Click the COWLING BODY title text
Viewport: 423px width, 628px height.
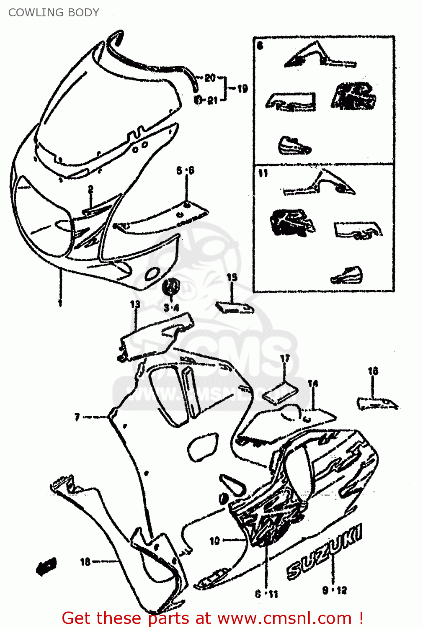[54, 13]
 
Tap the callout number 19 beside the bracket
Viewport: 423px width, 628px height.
[242, 88]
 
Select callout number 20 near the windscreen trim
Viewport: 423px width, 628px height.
[210, 77]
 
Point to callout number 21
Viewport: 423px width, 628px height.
[212, 100]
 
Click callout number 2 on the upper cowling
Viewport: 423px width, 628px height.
[90, 190]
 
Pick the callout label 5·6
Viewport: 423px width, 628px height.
[185, 170]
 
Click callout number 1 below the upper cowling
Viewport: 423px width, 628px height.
[60, 302]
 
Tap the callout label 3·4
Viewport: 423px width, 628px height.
[171, 308]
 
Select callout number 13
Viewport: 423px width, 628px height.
[135, 304]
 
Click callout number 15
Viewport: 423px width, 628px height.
[232, 277]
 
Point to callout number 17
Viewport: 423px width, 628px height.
[285, 358]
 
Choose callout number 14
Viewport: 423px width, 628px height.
[313, 383]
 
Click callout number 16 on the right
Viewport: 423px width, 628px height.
[373, 371]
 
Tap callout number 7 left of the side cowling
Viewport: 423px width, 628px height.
[77, 417]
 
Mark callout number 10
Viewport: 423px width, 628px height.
[214, 540]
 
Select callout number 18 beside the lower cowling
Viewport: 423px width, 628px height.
[85, 561]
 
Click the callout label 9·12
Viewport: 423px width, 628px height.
[335, 590]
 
